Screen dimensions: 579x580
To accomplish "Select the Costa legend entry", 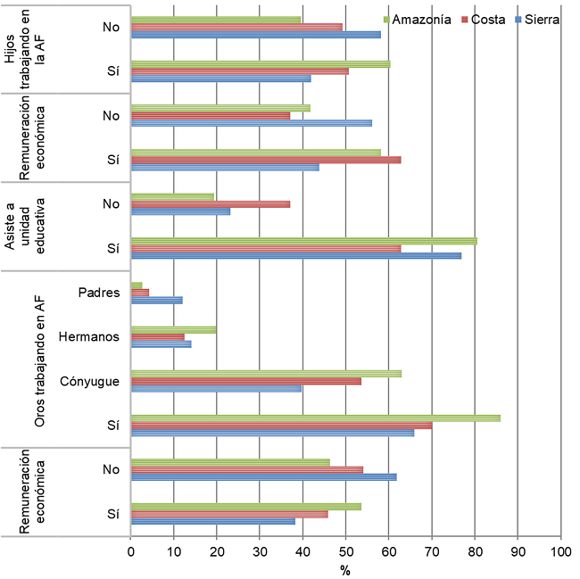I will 487,20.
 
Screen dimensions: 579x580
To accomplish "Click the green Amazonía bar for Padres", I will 137,285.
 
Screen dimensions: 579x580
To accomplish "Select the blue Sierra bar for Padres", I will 156,300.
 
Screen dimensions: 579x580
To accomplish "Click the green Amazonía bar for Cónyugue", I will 266,373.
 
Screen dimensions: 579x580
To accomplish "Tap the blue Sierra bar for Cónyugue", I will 216,388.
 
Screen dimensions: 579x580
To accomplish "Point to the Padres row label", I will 99,293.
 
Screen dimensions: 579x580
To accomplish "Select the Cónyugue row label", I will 90,381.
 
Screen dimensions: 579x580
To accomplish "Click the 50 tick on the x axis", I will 345,551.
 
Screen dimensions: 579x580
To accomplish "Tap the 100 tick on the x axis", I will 559,551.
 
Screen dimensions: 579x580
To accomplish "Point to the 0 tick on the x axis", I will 131,551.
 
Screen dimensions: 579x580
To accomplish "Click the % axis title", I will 345,570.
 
